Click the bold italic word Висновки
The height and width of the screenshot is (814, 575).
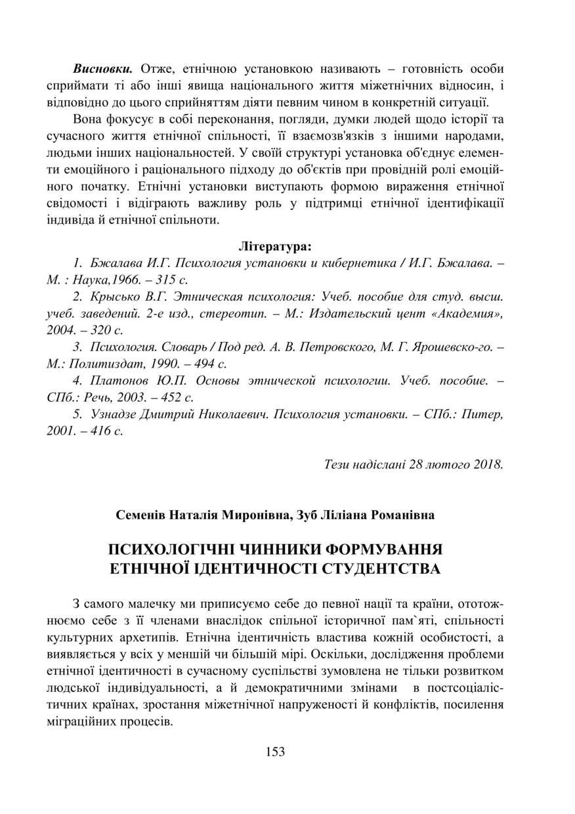104,69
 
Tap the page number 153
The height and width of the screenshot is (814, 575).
275,752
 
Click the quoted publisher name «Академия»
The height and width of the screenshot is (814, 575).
469,314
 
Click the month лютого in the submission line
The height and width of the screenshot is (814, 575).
450,465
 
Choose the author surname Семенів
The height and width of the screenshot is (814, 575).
140,515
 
